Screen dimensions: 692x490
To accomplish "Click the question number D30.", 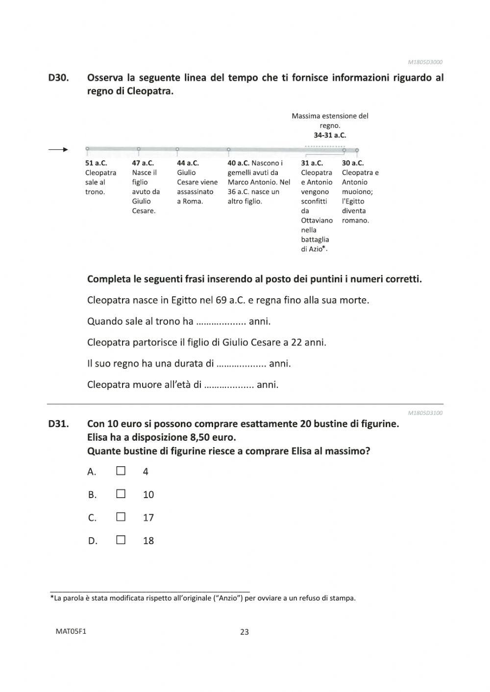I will tap(58, 77).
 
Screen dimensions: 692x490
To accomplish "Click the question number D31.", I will tap(58, 424).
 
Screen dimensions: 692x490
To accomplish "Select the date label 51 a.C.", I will tap(96, 163).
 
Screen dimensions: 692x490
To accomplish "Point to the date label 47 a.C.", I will tap(143, 163).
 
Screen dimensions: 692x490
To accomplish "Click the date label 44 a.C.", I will tap(188, 163).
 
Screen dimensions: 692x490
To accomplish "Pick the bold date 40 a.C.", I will tap(239, 163).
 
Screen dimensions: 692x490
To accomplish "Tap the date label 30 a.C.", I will tap(353, 163).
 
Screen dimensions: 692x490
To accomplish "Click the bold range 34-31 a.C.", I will tap(330, 135).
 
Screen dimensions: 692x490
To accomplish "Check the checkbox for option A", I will tap(121, 471).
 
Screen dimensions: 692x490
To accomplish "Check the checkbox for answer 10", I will tap(121, 494).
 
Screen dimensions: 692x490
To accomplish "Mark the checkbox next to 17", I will tap(121, 517).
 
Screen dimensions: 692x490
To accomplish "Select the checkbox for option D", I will tap(121, 540).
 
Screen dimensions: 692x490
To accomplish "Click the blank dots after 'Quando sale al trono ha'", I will tap(221, 322).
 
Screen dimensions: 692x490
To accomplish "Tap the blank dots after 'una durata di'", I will tap(241, 364).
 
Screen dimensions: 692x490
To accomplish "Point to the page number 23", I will tap(245, 632).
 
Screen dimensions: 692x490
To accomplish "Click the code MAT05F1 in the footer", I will tap(71, 631).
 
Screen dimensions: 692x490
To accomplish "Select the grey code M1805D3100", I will tap(425, 413).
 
